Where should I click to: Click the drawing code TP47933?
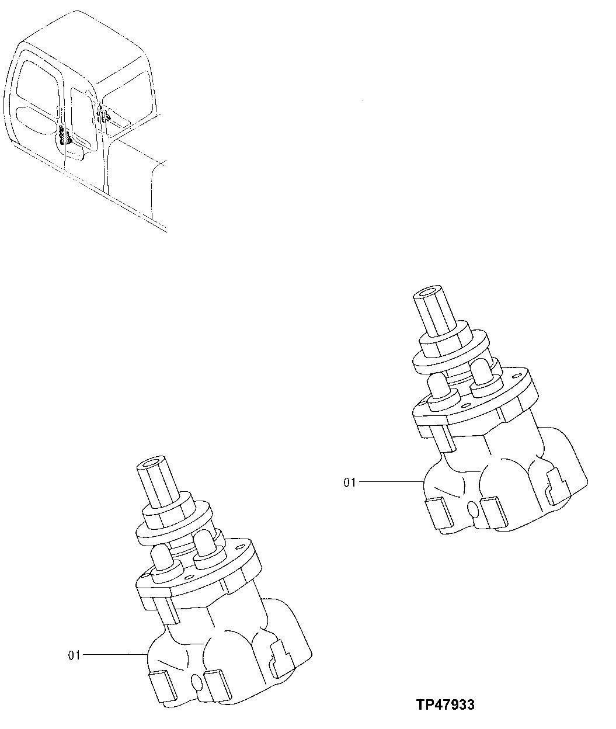point(446,705)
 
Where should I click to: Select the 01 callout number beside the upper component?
point(349,482)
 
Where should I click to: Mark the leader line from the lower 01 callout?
point(114,655)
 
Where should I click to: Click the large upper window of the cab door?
point(36,82)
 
